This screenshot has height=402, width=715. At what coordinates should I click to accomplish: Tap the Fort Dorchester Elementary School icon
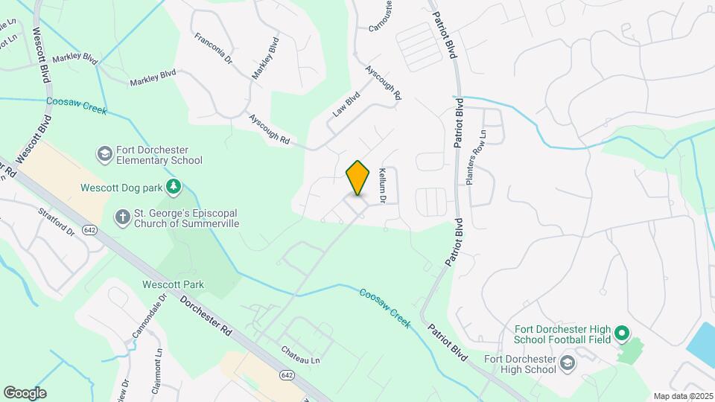coord(104,154)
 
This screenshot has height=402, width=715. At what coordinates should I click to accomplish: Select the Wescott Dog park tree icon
coord(174,185)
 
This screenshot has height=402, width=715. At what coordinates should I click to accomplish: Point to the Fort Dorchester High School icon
coord(568,363)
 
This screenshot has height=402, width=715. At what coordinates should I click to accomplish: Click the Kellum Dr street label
coord(382,185)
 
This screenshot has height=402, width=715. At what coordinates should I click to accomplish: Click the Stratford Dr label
coord(57,221)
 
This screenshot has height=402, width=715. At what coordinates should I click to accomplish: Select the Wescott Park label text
coord(174,284)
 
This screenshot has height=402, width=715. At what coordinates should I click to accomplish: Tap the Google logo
coord(25,393)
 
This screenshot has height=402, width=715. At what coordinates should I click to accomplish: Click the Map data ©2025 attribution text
coord(682,396)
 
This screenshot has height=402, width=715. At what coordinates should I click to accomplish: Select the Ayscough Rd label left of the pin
coord(269,129)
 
